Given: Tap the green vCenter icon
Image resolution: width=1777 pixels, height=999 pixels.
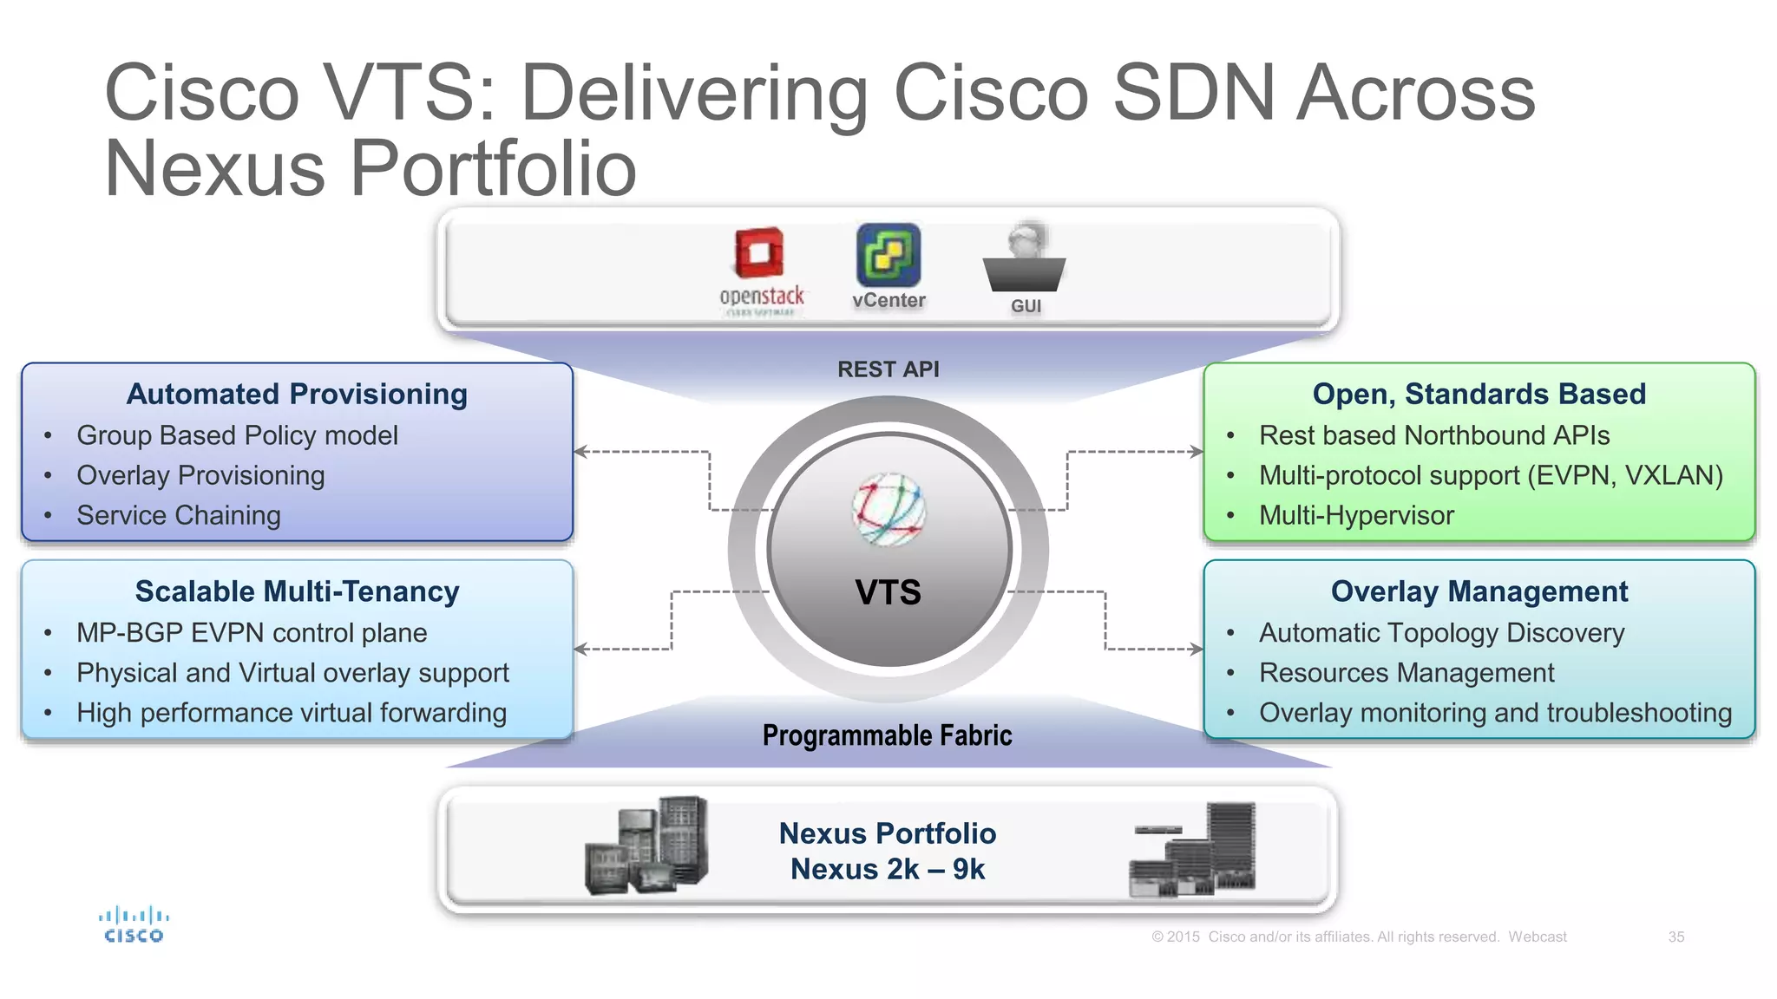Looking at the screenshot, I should [888, 255].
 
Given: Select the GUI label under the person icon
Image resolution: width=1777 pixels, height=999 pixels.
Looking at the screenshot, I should [1026, 306].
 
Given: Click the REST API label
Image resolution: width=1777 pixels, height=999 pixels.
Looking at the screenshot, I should [888, 369].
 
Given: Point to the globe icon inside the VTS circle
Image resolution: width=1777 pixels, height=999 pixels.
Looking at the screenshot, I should [888, 510].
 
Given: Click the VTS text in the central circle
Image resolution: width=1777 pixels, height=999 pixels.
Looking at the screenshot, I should [888, 592].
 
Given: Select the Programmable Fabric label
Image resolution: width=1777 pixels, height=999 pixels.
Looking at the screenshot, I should [887, 735].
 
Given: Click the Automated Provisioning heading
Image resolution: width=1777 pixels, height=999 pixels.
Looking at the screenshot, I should [297, 395].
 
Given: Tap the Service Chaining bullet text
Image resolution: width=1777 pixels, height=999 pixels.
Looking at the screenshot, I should [179, 516].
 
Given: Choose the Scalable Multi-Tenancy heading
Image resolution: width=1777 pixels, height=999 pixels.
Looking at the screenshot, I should [297, 591].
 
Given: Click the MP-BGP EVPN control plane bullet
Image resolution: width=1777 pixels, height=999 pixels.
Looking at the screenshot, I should [252, 633].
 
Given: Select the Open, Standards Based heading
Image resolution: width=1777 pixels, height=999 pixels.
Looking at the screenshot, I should [1479, 395].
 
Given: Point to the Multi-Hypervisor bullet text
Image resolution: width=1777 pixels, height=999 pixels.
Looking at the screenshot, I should [1356, 516].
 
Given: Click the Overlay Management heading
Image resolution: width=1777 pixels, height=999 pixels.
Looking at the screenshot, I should [1479, 591].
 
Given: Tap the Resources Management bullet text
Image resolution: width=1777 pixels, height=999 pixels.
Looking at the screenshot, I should [1407, 673].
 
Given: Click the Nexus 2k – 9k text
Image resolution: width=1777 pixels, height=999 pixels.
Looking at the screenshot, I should [888, 869].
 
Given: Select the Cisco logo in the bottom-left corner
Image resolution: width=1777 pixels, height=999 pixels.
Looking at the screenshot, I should [134, 924].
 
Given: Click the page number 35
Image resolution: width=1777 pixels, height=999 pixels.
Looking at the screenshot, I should [1675, 937].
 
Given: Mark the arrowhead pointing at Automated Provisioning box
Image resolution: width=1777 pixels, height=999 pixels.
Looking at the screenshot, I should [580, 452].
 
